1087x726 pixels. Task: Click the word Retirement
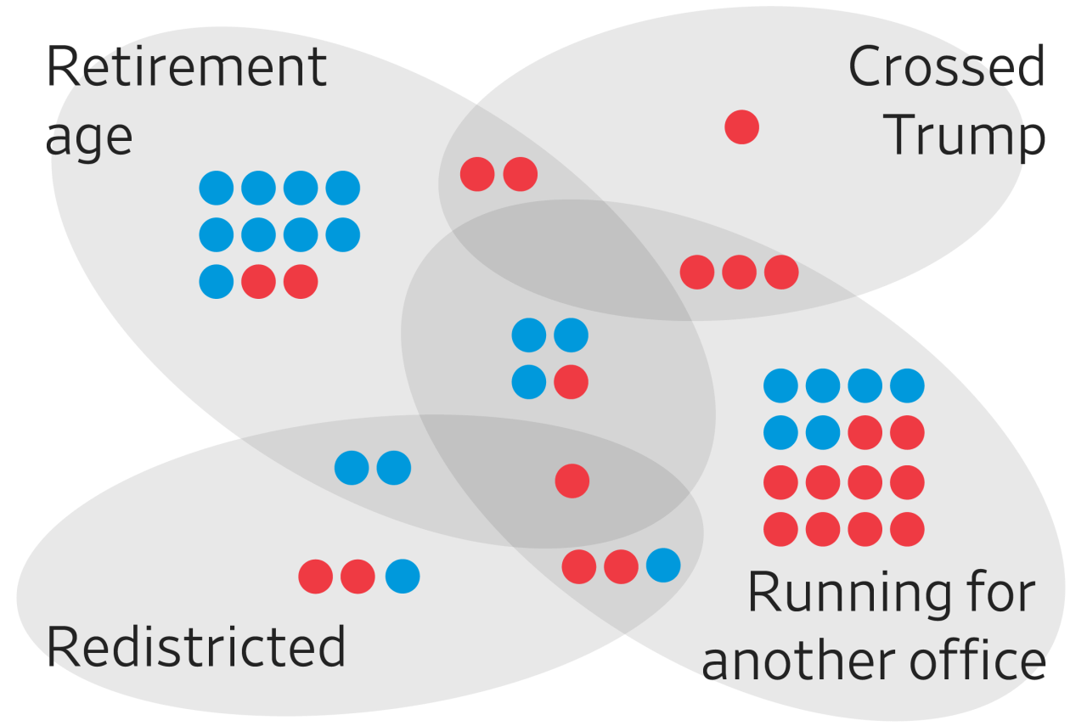(x=186, y=67)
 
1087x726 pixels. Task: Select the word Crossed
(x=947, y=67)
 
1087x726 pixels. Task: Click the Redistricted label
(x=196, y=647)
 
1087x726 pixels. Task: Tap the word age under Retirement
(x=88, y=136)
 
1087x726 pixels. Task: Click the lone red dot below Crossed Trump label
(x=741, y=128)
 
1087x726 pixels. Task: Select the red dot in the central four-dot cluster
(x=571, y=382)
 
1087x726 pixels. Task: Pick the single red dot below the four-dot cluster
(x=572, y=481)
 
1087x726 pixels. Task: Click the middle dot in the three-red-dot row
(x=739, y=272)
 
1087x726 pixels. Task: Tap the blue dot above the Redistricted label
(x=403, y=577)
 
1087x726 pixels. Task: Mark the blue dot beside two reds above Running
(x=663, y=566)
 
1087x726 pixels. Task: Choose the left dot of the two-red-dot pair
(x=477, y=174)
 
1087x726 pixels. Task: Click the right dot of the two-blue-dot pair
(x=393, y=468)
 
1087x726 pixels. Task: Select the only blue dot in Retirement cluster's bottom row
(x=217, y=281)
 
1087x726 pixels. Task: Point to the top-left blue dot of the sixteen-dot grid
(x=780, y=386)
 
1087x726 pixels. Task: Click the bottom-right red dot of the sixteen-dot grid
(x=907, y=530)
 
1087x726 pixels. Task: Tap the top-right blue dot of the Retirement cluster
(x=342, y=188)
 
